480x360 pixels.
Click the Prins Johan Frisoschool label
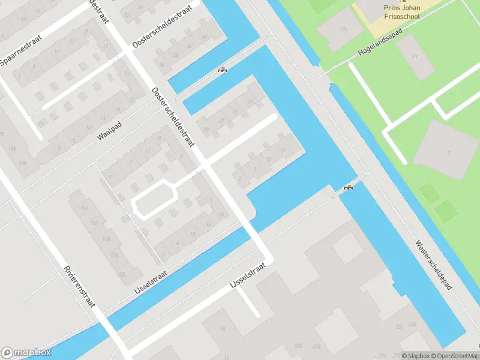coord(401,12)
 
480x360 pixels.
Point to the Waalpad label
coord(109,133)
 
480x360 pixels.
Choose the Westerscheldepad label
coord(433,267)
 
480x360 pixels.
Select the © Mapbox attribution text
coord(415,355)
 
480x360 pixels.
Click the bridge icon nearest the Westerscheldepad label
coord(348,188)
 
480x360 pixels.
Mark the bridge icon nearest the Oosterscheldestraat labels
coord(222,70)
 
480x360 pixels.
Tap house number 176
coord(23,163)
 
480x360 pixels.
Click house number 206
coord(298,347)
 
